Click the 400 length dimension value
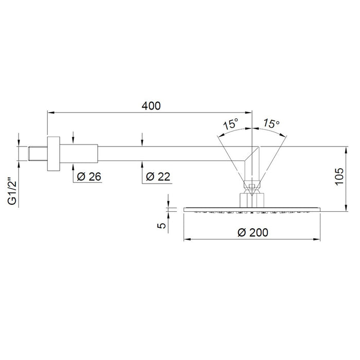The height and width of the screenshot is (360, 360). pyautogui.click(x=151, y=106)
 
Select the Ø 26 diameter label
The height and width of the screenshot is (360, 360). pyautogui.click(x=89, y=177)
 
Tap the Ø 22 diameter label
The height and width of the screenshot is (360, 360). pyautogui.click(x=158, y=177)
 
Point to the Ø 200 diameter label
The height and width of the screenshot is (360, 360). pyautogui.click(x=253, y=232)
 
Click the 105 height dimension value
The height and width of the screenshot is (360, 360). pyautogui.click(x=339, y=176)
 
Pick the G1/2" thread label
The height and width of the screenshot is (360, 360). pyautogui.click(x=13, y=191)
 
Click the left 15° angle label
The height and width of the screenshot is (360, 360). pyautogui.click(x=231, y=124)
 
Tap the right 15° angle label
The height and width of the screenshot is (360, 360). pyautogui.click(x=272, y=123)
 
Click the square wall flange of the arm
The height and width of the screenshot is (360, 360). pyautogui.click(x=53, y=154)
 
